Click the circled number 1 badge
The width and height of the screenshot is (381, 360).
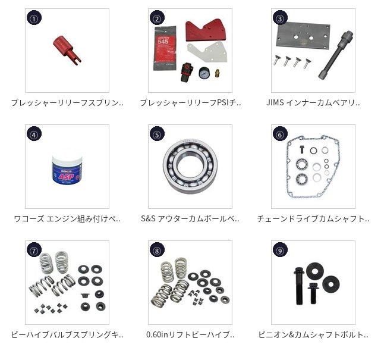(x=34, y=18)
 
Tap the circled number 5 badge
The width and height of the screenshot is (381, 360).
(x=157, y=134)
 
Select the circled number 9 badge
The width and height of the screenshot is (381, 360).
(x=280, y=250)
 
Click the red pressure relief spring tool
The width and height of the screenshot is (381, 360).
(x=67, y=50)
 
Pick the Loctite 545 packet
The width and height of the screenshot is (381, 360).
(x=165, y=48)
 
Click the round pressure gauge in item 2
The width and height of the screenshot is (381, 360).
(x=204, y=73)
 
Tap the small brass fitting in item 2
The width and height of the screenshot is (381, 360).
(x=217, y=73)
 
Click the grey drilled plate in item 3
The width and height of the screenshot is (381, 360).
(x=303, y=35)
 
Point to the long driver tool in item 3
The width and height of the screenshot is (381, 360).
(x=336, y=55)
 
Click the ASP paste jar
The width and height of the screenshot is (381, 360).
(x=67, y=170)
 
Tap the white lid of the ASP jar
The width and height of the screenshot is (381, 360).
(x=67, y=158)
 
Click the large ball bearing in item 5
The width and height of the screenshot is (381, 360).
(x=190, y=167)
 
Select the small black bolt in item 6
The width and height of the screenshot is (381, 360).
(x=301, y=149)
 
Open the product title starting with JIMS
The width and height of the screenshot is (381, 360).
(x=313, y=103)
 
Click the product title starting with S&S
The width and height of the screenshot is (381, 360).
(x=190, y=218)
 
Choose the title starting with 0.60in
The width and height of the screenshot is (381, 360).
(x=190, y=334)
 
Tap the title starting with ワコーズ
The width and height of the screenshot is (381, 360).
(x=67, y=218)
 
